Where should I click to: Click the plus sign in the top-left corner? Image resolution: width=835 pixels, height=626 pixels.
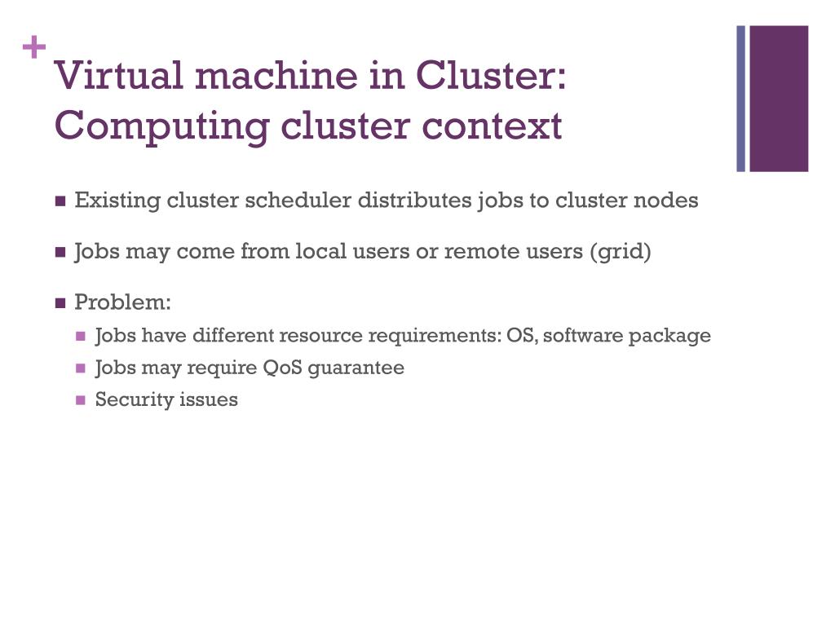(34, 49)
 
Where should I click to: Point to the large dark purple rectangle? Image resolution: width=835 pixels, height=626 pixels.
(779, 99)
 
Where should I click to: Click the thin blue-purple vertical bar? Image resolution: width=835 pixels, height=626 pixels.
(741, 99)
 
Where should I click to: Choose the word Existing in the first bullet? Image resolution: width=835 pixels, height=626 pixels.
(117, 201)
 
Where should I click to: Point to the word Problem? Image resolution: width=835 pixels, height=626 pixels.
(123, 302)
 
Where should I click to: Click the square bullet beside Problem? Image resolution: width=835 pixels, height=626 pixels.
(60, 303)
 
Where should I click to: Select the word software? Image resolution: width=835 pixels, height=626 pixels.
(581, 335)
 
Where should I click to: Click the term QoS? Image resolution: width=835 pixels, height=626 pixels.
(282, 368)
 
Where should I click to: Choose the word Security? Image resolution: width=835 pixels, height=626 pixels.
(129, 399)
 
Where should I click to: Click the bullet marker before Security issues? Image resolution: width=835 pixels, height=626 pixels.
(80, 400)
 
